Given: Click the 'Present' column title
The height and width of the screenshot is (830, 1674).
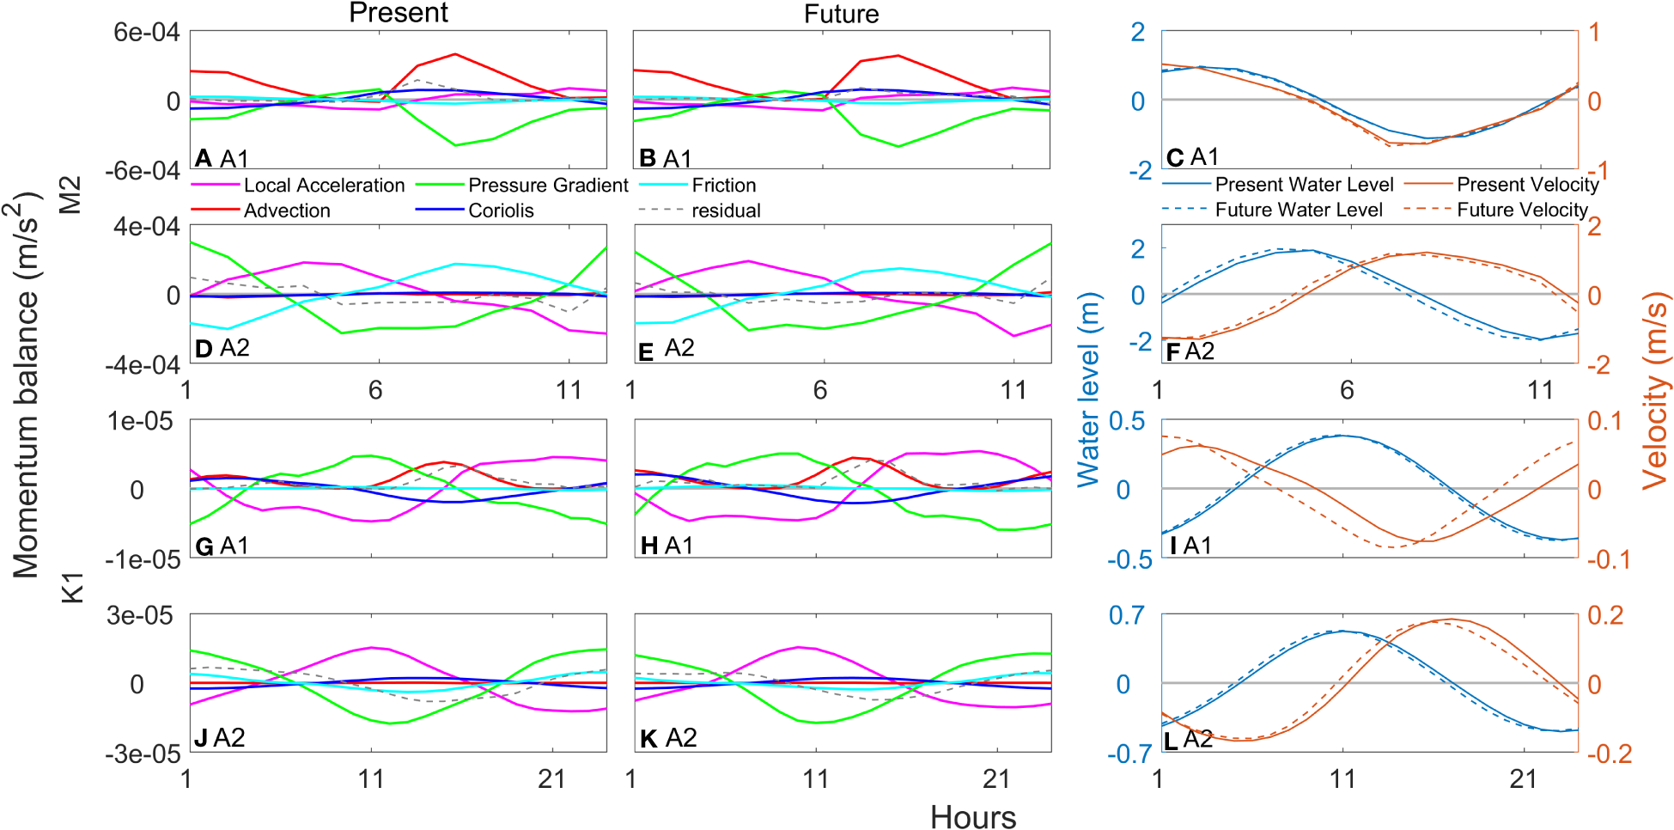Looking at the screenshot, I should click(x=398, y=13).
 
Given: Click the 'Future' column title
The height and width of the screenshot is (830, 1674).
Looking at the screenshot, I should click(x=841, y=14).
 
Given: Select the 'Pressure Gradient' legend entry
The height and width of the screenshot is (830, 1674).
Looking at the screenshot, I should click(x=548, y=186).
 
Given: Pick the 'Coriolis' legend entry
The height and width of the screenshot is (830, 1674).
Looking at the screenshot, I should click(x=501, y=211).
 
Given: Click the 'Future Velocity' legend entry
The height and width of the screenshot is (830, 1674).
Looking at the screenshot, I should click(x=1522, y=210).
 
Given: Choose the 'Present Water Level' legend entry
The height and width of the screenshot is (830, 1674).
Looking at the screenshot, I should click(x=1304, y=185).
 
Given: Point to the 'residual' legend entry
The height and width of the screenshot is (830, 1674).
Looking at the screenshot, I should click(x=726, y=211).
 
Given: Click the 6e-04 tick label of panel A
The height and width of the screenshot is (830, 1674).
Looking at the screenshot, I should click(x=147, y=33).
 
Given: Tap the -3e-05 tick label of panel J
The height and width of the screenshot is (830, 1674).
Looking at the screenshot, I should click(x=143, y=754).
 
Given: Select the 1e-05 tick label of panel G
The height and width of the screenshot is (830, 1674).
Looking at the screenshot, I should click(x=140, y=421).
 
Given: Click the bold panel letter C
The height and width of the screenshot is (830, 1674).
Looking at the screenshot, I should click(x=1175, y=158).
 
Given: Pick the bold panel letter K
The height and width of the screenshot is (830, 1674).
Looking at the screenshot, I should click(x=648, y=739).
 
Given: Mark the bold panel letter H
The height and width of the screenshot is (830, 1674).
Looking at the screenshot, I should click(x=649, y=546).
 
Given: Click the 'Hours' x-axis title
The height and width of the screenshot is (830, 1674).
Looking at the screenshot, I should click(x=972, y=816).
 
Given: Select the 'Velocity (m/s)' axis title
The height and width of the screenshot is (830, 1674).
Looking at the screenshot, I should click(x=1654, y=391).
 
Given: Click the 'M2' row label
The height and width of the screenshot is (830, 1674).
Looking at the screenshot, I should click(x=70, y=194).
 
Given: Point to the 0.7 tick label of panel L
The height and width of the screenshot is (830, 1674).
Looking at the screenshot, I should click(x=1126, y=615).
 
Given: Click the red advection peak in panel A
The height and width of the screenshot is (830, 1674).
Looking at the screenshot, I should click(x=454, y=54).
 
